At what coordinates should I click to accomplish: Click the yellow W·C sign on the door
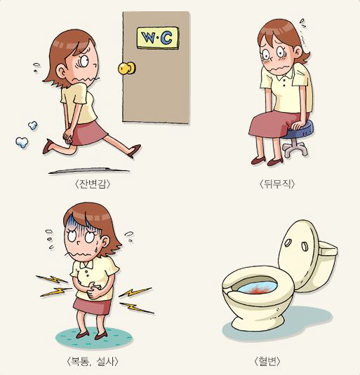tap(158, 38)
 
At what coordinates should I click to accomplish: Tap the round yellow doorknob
tap(127, 68)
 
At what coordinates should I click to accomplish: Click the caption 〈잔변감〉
tap(93, 184)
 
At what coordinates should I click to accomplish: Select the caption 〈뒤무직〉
tap(277, 184)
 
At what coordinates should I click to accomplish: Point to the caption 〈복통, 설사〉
tap(93, 361)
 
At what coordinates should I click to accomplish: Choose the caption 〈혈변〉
tap(267, 361)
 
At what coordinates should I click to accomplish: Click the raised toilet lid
tap(300, 254)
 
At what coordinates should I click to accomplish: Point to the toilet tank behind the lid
tap(328, 266)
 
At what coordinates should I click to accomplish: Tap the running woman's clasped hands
tap(67, 136)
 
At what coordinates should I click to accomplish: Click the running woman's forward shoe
tap(134, 151)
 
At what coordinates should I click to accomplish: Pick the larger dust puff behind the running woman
tap(22, 142)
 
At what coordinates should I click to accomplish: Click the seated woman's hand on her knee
tap(298, 124)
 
